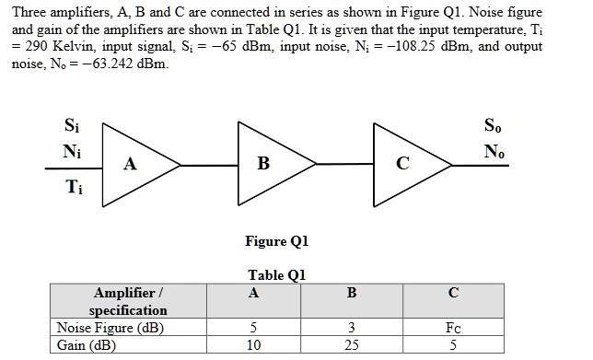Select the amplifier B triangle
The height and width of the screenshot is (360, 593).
(x=268, y=164)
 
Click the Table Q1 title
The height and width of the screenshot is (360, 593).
(x=276, y=274)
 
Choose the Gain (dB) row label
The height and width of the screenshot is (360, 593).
(x=85, y=345)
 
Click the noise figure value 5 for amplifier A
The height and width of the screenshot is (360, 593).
(x=253, y=328)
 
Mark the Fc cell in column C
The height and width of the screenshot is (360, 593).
(x=452, y=328)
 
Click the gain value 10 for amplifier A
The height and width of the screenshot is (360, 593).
(x=253, y=345)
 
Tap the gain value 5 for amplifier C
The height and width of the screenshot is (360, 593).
(x=452, y=345)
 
